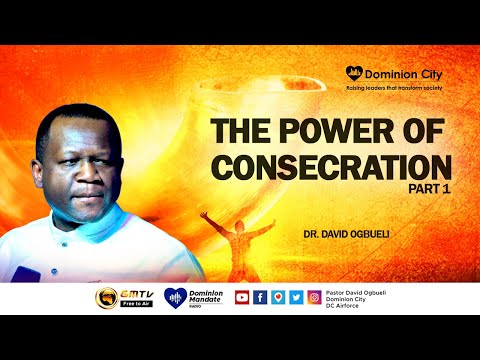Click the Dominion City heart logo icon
click(x=353, y=72)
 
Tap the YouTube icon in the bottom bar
click(x=241, y=297)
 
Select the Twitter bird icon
click(x=295, y=297)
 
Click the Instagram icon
click(x=313, y=297)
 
